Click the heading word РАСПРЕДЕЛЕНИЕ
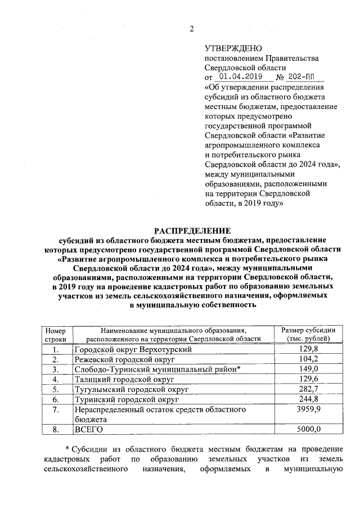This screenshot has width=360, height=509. tap(193, 230)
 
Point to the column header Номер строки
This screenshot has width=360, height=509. tap(56, 334)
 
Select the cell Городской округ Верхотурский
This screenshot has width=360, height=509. tap(133, 349)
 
